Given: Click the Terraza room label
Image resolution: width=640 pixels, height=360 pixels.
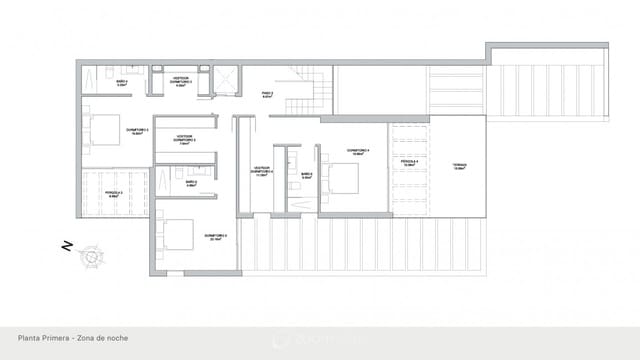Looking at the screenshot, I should (x=459, y=166).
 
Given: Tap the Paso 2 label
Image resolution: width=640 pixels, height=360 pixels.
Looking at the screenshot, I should (x=267, y=94).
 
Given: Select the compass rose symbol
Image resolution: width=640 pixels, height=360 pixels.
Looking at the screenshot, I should (x=91, y=257).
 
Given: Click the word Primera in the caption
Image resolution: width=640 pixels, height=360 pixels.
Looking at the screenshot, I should (x=56, y=339).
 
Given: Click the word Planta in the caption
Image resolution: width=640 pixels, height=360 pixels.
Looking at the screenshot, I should (x=29, y=339).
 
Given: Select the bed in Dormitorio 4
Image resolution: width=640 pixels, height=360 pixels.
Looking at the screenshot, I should (x=340, y=177).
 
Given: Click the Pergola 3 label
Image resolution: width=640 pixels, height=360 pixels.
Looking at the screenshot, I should (x=115, y=193).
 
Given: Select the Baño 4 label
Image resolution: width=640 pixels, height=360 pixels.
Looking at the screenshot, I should (x=122, y=83).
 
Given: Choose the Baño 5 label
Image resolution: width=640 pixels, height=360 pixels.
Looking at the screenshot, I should (x=190, y=183).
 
